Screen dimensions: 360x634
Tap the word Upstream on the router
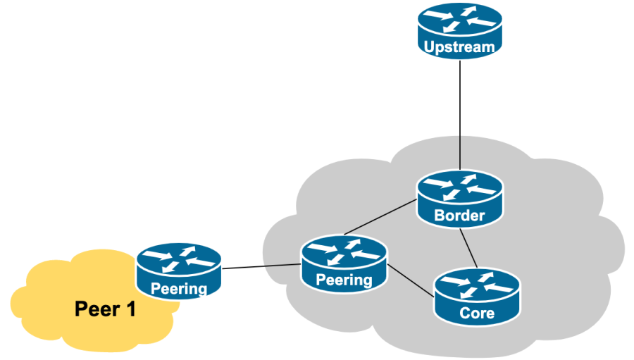click(459, 48)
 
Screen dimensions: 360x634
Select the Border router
click(459, 199)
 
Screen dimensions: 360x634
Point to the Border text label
click(459, 216)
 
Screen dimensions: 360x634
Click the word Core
click(477, 313)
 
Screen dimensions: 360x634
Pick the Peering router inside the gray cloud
click(344, 263)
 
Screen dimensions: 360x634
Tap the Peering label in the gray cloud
click(344, 280)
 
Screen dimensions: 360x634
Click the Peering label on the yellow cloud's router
click(179, 288)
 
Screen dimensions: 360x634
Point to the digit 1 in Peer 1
click(130, 309)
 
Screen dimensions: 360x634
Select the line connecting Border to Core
click(469, 247)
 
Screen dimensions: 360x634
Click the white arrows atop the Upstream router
click(459, 19)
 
